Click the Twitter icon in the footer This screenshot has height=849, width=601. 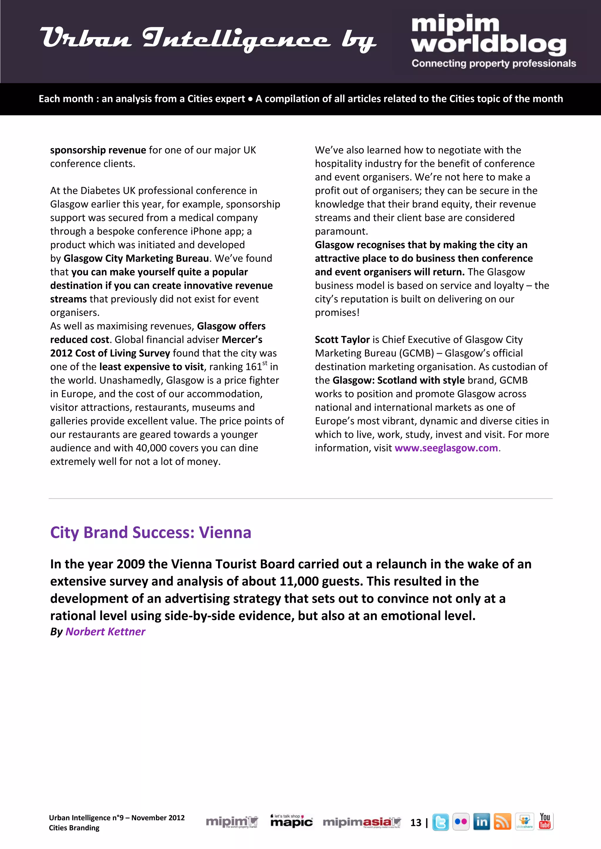pyautogui.click(x=440, y=822)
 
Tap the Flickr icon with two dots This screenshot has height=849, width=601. pyautogui.click(x=461, y=822)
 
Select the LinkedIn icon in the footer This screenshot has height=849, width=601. pyautogui.click(x=482, y=822)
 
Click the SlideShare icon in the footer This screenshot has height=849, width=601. pyautogui.click(x=524, y=822)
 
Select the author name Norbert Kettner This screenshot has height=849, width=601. pyautogui.click(x=105, y=631)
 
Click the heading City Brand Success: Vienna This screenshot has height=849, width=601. pyautogui.click(x=151, y=532)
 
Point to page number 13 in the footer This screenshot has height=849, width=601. pyautogui.click(x=416, y=822)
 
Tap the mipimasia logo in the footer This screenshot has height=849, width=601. pyautogui.click(x=362, y=822)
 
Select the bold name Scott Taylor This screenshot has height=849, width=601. pyautogui.click(x=342, y=339)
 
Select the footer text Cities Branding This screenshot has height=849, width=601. pyautogui.click(x=74, y=828)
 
